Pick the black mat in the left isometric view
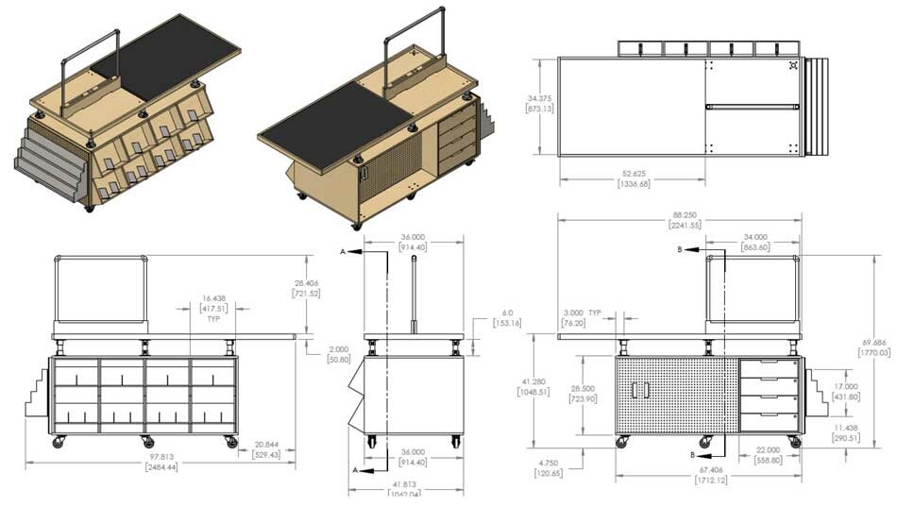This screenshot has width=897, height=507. pos(171,57)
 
